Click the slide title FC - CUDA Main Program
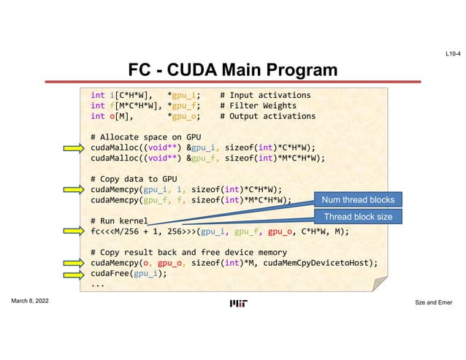coord(233,70)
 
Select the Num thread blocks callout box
coord(357,200)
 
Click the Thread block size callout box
coord(357,217)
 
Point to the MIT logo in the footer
coord(238,304)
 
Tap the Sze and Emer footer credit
coord(436,302)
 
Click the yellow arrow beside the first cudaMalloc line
coord(73,148)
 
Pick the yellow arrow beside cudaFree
coord(73,274)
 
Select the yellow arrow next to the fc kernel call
coord(73,231)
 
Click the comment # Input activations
coord(265,95)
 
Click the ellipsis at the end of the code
coord(98,284)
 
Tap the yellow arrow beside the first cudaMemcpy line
coord(73,189)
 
